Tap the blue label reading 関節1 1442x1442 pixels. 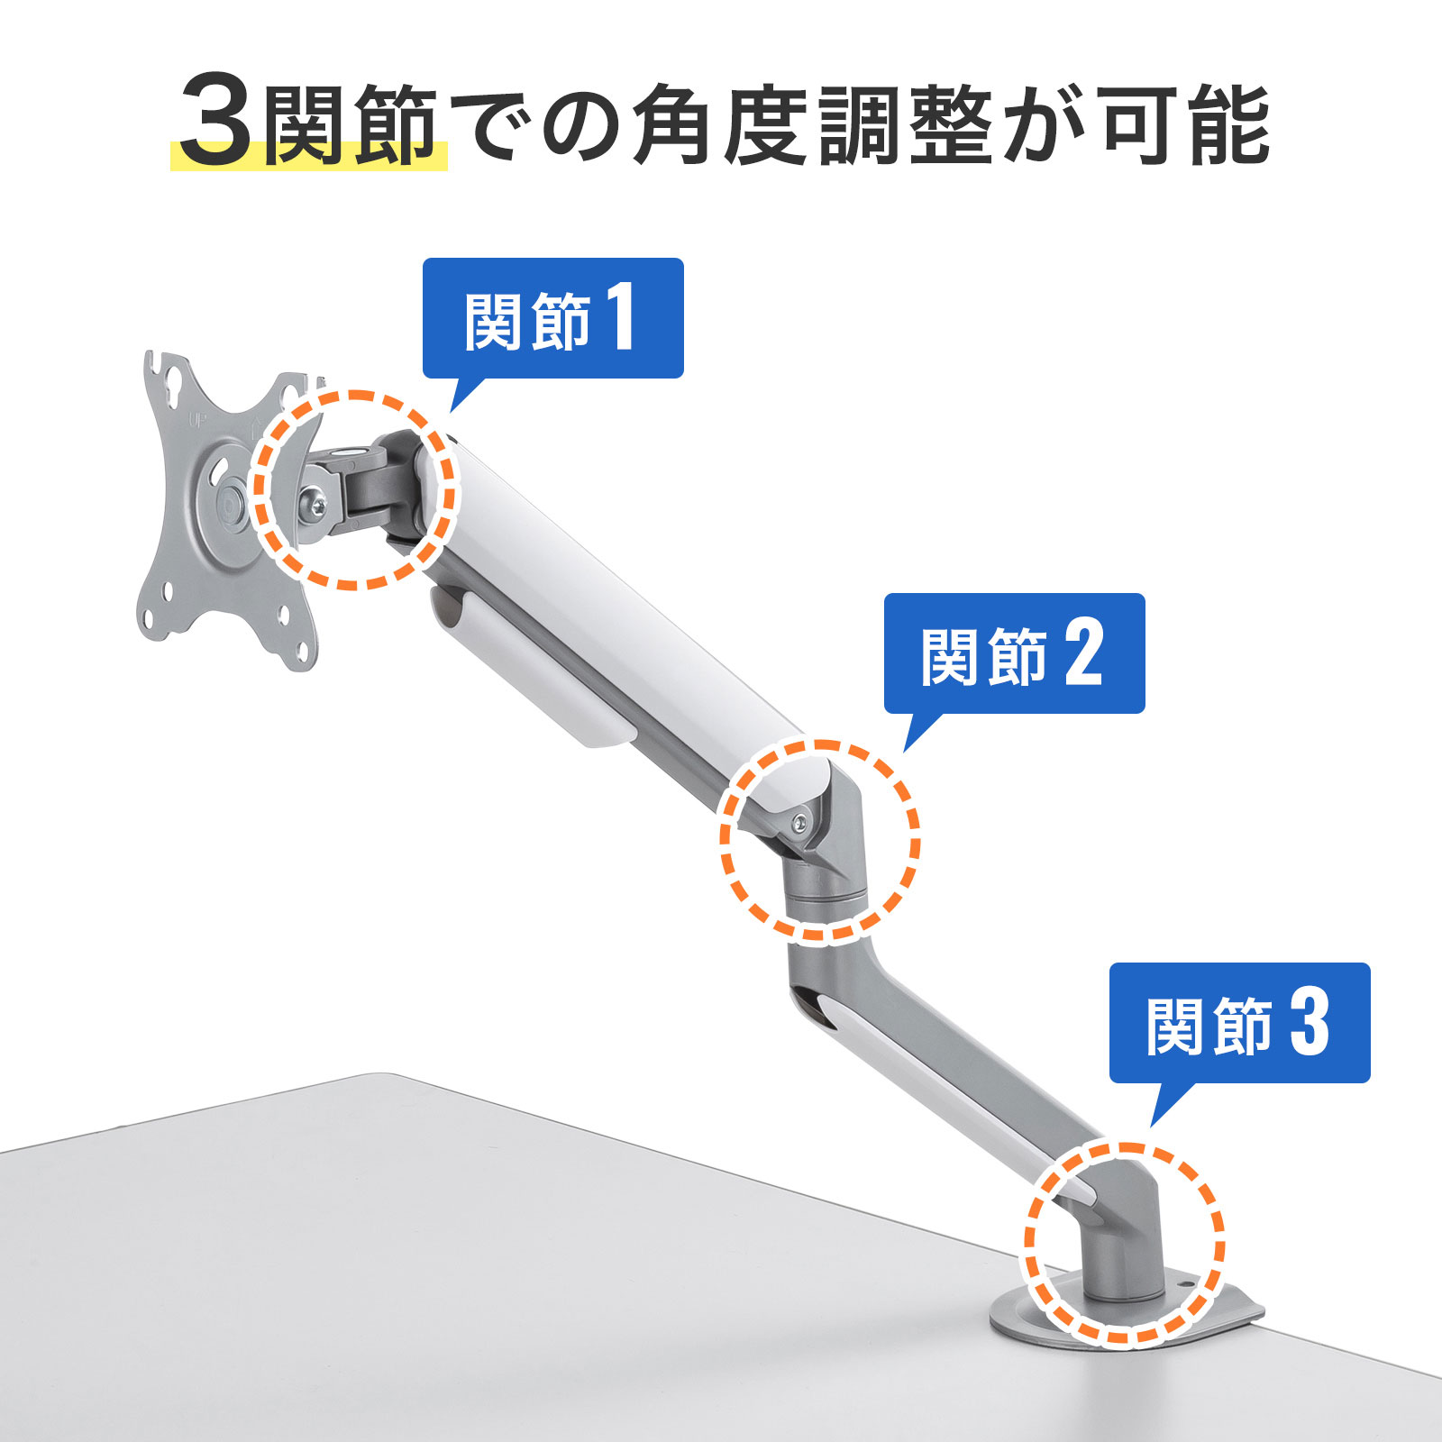coord(552,318)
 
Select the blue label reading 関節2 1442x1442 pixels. coord(1014,653)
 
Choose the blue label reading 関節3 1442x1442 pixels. coord(1239,1023)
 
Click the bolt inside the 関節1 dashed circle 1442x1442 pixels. coord(312,501)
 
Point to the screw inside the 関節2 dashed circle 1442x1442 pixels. coord(799,819)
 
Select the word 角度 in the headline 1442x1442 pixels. coord(718,126)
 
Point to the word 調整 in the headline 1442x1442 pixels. coord(905,126)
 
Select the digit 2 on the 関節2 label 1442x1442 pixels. coord(1083,653)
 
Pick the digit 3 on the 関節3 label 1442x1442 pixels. coord(1309,1023)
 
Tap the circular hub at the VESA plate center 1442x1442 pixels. coord(231,502)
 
